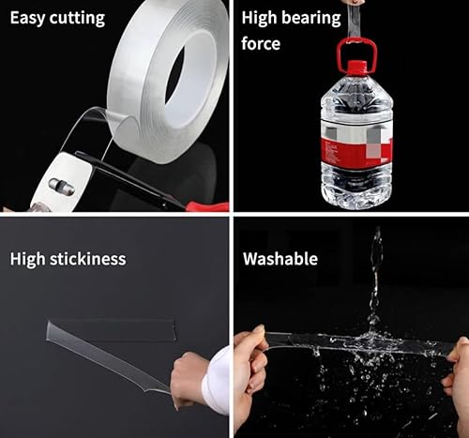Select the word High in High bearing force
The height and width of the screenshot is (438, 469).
(260, 18)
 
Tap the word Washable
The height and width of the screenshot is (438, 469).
(280, 259)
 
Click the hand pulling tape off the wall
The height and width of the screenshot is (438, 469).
(188, 376)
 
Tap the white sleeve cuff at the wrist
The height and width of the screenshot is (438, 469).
(218, 380)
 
